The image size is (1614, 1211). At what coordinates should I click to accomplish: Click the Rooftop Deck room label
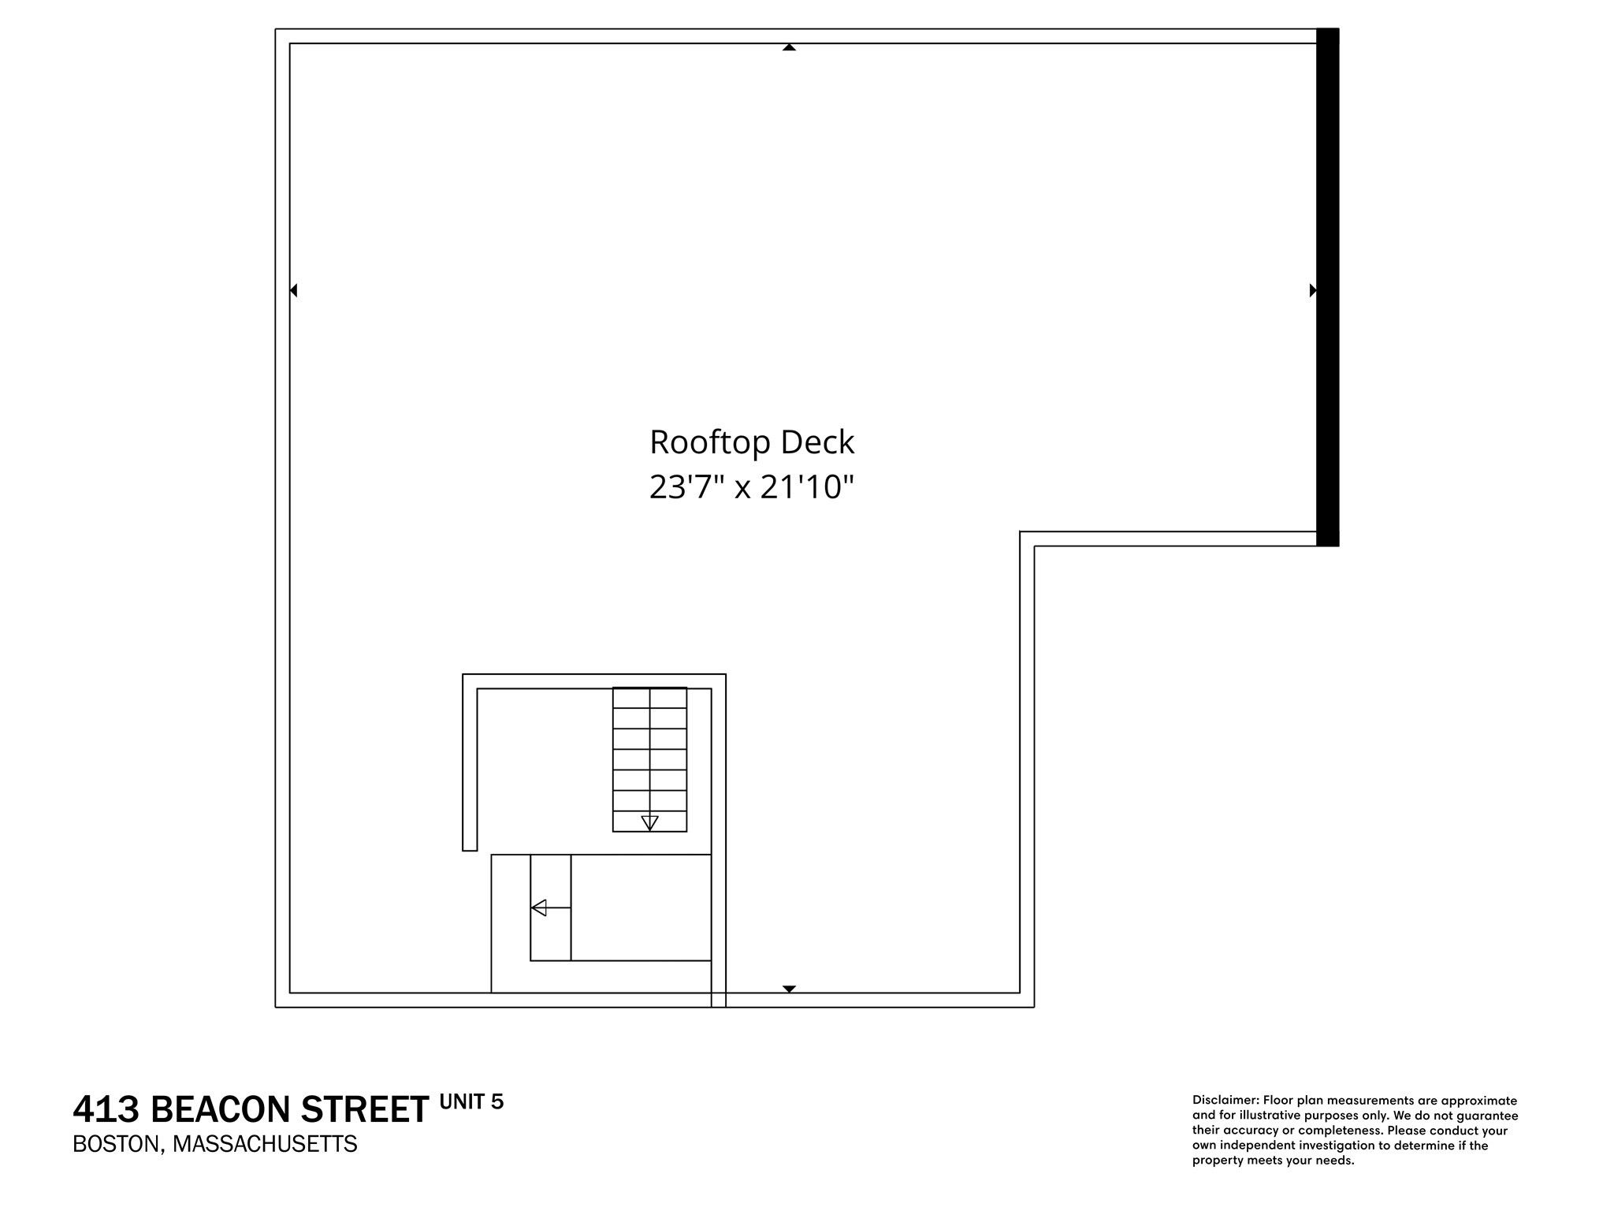[751, 442]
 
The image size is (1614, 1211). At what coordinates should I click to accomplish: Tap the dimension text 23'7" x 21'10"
[751, 487]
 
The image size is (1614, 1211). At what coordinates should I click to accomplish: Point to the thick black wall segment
[1327, 287]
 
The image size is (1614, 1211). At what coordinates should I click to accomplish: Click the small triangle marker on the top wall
[789, 47]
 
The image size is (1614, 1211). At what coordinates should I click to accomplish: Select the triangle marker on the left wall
[293, 290]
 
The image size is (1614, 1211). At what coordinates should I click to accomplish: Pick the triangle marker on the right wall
[1313, 290]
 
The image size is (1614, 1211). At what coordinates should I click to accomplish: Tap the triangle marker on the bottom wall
[789, 989]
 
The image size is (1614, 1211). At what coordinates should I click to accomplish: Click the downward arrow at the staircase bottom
[649, 822]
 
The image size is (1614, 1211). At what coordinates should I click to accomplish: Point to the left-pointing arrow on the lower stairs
[540, 907]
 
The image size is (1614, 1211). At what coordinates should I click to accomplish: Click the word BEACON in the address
[221, 1110]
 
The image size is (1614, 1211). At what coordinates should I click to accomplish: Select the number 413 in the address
[106, 1110]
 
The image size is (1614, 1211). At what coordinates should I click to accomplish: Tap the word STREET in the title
[366, 1110]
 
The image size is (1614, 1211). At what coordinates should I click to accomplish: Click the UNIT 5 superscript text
[471, 1101]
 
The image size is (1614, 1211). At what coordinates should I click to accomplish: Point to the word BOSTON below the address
[117, 1144]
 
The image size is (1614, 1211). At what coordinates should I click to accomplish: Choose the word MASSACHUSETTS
[265, 1144]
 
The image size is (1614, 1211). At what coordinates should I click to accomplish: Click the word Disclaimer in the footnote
[1224, 1101]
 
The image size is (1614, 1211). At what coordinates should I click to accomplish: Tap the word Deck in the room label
[817, 442]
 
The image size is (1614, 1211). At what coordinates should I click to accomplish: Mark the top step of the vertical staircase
[649, 698]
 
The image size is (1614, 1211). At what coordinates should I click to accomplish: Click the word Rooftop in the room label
[710, 442]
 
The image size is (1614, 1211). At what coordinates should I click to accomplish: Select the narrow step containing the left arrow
[550, 907]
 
